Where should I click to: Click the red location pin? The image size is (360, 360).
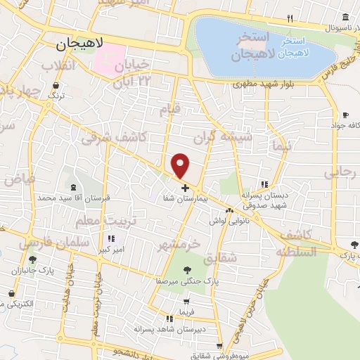(x=181, y=166)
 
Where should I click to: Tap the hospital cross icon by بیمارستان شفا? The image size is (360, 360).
(x=185, y=188)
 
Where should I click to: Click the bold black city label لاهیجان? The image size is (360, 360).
(x=79, y=44)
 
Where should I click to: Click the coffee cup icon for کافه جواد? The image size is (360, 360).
(x=345, y=115)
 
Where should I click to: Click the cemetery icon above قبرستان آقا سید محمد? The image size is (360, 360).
(x=75, y=187)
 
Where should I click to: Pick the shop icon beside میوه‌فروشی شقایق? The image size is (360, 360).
(x=220, y=346)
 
